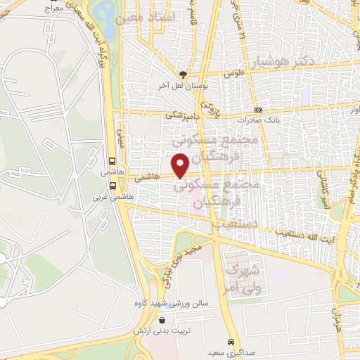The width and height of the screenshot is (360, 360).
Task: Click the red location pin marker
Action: click(x=180, y=165)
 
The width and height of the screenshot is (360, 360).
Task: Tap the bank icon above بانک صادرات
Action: click(x=258, y=110)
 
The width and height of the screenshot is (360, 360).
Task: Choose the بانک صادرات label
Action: click(x=259, y=120)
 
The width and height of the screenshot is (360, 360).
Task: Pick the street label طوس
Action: click(x=233, y=73)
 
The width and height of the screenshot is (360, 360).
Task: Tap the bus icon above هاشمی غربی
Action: click(x=112, y=186)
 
